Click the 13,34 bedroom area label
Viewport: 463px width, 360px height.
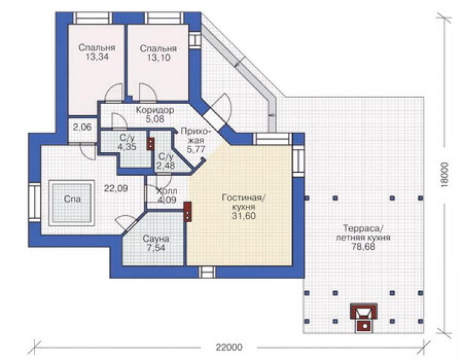point(97,57)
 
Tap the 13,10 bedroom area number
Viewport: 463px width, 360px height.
point(158,58)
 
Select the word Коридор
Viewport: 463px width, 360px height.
point(155,110)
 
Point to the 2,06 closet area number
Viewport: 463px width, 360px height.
point(83,127)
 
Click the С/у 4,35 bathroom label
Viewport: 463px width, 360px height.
point(127,142)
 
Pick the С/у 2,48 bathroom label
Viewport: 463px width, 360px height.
point(166,161)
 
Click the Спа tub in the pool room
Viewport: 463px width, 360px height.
point(72,202)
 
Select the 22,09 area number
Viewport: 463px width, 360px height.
point(116,188)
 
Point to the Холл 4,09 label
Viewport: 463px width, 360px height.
point(167,195)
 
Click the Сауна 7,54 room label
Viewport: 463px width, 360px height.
point(156,243)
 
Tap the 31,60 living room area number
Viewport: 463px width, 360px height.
point(243,216)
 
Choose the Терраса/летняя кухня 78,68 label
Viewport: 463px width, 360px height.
point(363,237)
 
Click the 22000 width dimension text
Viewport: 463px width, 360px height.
point(229,347)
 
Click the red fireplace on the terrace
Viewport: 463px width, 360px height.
point(364,317)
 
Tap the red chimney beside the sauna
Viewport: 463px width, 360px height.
point(188,212)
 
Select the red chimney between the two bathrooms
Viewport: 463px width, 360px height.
point(151,144)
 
